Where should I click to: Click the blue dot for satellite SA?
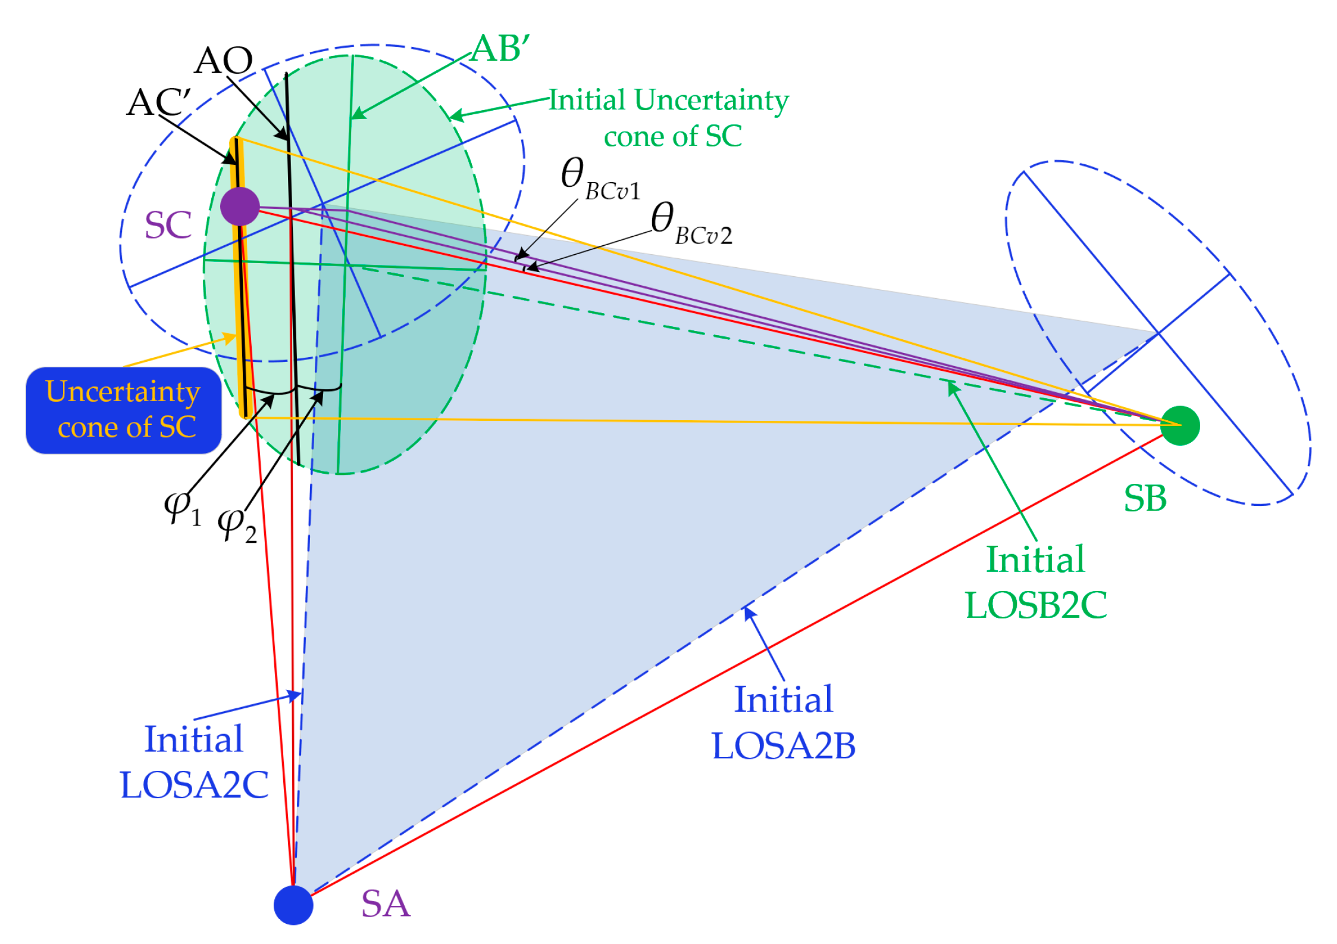click(x=293, y=905)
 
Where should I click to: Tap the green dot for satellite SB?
click(x=1180, y=426)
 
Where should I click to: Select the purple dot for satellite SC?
click(x=240, y=206)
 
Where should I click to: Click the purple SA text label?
click(x=386, y=904)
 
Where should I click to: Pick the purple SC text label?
click(x=168, y=225)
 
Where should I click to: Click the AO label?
click(x=224, y=60)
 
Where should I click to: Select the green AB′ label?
click(x=500, y=49)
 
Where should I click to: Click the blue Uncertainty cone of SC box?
click(x=124, y=410)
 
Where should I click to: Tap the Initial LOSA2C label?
click(x=194, y=762)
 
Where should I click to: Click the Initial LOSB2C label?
click(x=1035, y=582)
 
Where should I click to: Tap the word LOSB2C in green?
click(x=1035, y=605)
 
